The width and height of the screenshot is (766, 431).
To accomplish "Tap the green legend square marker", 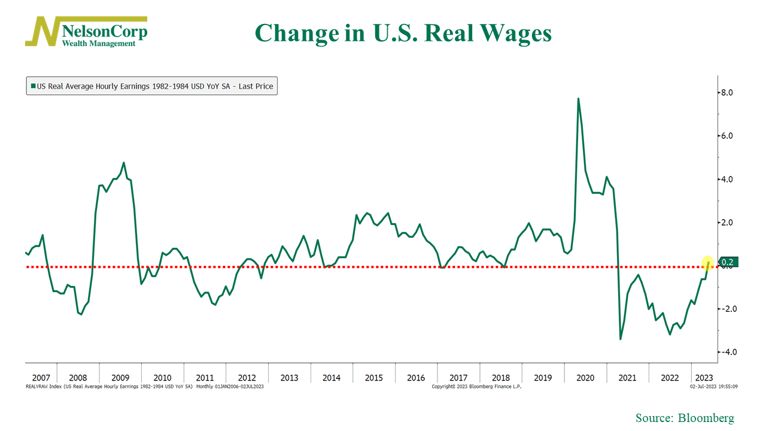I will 33,86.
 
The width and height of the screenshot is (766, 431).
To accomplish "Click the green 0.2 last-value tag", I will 728,262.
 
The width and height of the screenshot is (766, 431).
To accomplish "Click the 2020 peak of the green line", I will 578,99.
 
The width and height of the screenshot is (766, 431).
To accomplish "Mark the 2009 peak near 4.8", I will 124,163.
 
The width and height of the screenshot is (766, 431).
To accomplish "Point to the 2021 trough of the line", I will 621,339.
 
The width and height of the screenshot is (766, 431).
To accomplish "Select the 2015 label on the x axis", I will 373,378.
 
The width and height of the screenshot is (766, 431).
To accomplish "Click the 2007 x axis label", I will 41,378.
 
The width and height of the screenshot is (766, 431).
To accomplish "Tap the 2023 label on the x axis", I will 703,378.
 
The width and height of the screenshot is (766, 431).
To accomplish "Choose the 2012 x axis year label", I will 247,378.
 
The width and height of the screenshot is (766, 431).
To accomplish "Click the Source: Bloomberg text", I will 685,418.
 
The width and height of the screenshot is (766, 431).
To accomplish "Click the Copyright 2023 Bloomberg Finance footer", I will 476,387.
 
